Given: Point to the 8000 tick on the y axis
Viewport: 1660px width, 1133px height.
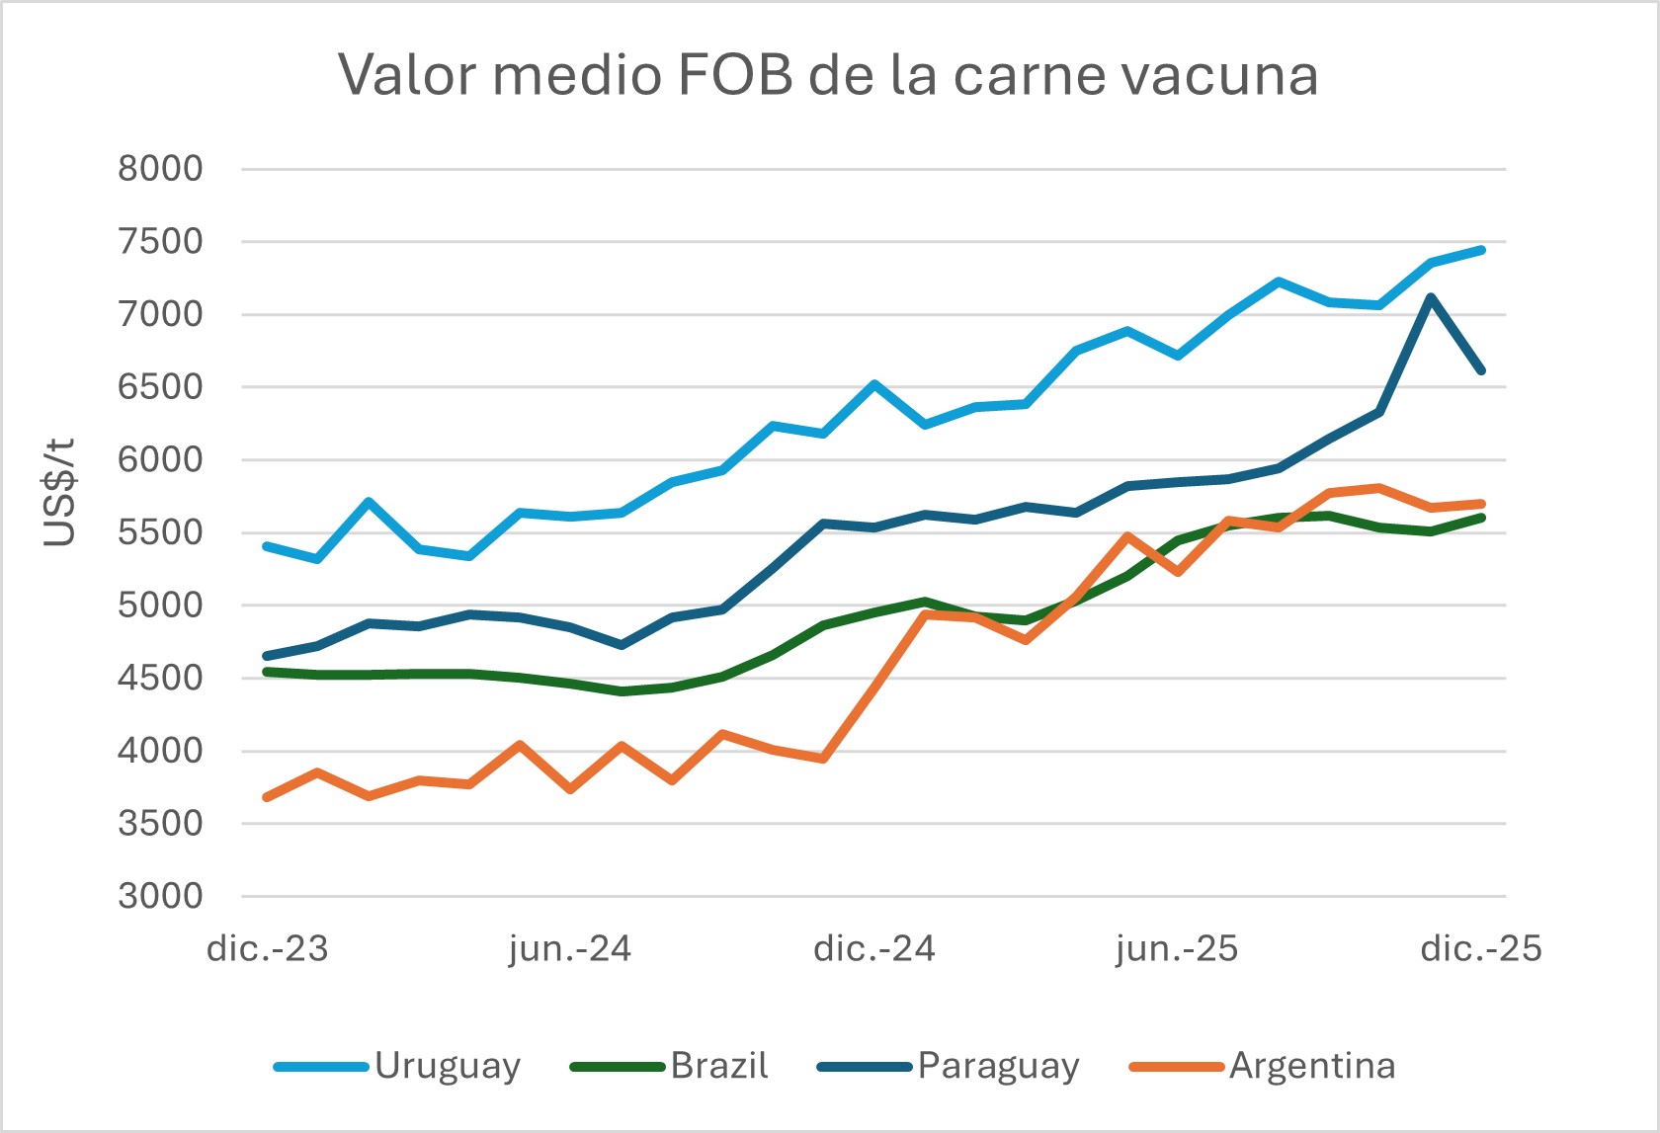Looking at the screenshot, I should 160,169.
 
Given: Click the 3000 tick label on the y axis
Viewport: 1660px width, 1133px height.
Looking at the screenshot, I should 160,896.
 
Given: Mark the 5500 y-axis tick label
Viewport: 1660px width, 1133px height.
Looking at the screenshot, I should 160,532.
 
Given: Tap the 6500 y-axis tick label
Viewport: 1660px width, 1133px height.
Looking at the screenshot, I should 160,387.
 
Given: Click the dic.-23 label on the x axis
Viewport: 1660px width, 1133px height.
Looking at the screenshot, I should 267,949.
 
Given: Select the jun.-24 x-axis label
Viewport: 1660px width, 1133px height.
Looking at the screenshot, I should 570,949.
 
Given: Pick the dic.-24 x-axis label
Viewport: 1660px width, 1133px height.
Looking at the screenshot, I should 873,949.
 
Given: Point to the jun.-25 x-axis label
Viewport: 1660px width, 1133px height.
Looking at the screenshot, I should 1177,949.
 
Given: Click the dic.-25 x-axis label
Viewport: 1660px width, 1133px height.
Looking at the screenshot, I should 1480,949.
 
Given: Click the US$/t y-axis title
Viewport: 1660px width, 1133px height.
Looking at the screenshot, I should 60,492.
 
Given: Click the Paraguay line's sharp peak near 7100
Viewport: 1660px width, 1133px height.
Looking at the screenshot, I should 1430,296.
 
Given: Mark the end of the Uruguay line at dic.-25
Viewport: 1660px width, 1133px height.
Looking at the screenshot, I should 1481,250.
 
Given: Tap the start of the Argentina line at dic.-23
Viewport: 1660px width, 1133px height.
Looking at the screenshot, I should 267,796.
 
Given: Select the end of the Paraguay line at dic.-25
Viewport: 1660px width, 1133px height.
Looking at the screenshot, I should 1481,370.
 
